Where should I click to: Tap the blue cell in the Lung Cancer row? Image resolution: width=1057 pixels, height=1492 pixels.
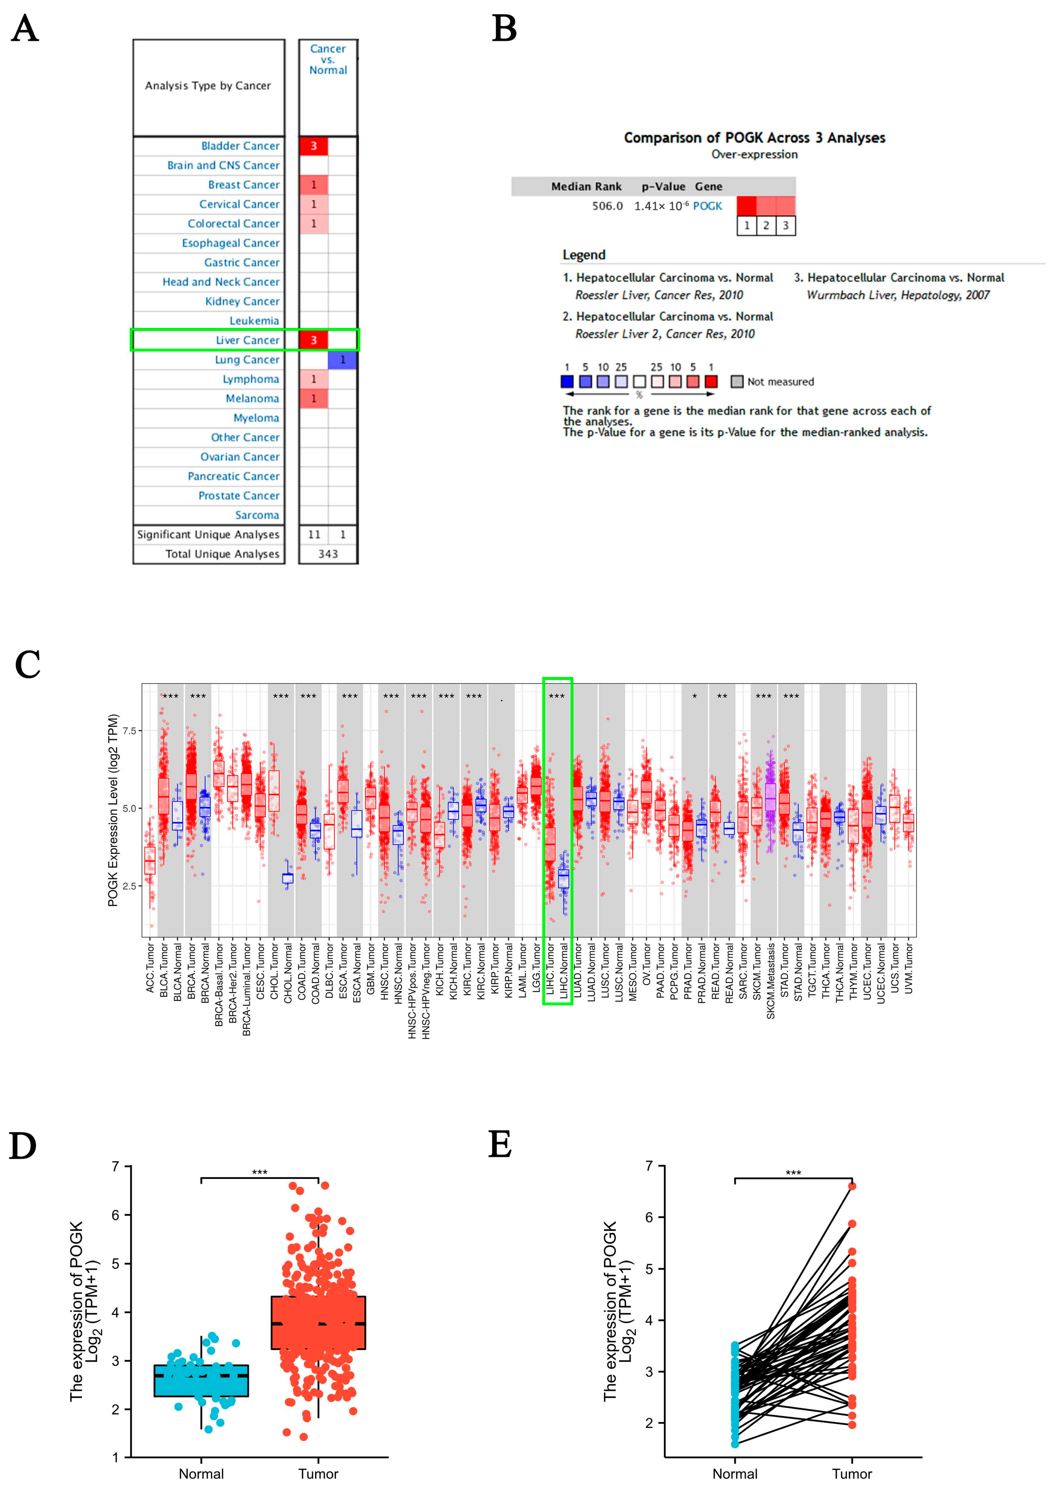342,360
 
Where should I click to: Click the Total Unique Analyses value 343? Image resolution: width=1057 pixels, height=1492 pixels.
328,554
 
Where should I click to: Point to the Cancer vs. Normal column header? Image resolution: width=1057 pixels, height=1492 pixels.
328,59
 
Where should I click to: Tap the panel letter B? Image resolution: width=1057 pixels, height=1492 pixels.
505,29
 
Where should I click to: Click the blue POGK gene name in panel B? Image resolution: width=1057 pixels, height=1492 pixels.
707,206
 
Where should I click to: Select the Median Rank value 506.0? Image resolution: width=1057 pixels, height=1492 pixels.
607,206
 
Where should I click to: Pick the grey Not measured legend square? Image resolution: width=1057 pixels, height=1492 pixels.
737,381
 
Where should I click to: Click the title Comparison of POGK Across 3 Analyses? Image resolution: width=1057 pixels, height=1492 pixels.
754,138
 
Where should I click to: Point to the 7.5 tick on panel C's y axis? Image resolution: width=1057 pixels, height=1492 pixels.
130,731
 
